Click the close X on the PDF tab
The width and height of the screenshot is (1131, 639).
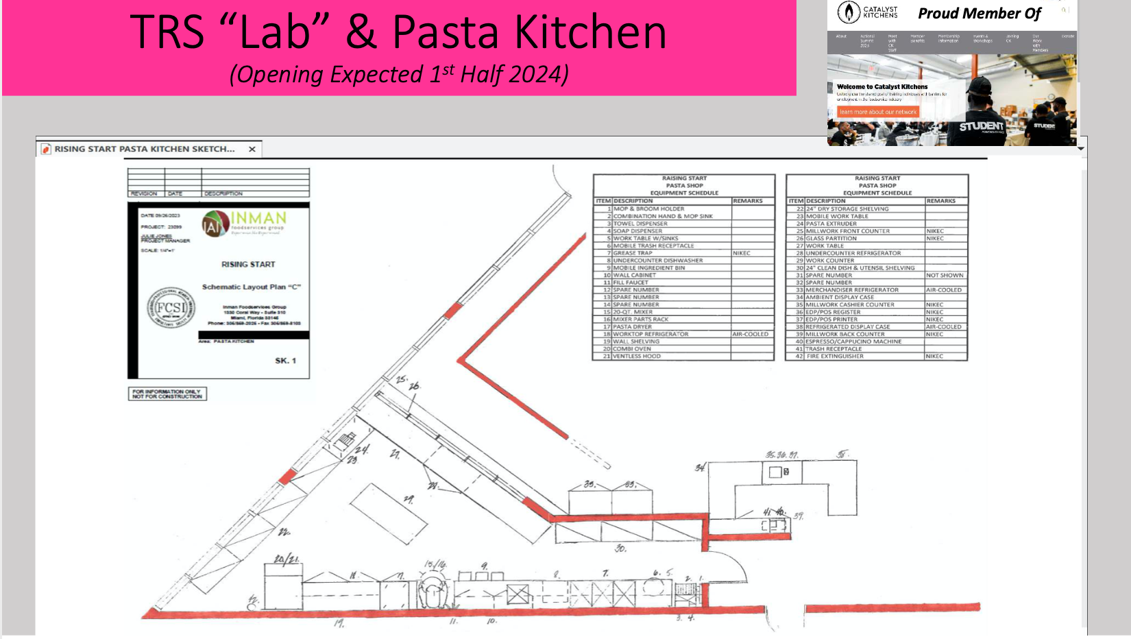point(252,149)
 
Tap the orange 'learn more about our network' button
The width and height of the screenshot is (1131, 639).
point(877,112)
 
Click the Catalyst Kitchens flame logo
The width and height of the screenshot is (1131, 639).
point(849,12)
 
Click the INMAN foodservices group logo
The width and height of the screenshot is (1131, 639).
point(245,223)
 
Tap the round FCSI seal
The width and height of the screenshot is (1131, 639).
point(171,308)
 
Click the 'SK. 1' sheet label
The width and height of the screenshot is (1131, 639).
point(285,361)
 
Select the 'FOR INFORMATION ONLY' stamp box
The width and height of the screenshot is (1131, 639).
point(167,394)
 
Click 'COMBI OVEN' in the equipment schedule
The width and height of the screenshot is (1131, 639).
point(632,349)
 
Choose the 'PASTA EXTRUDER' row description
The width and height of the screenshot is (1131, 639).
point(831,224)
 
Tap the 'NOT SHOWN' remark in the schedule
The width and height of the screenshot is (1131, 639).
point(945,276)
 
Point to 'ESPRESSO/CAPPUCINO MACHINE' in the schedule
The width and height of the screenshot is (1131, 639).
point(853,341)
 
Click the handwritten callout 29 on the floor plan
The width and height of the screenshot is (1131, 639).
point(409,499)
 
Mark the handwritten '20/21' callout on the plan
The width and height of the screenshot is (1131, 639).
point(287,559)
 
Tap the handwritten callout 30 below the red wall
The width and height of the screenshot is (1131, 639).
point(620,548)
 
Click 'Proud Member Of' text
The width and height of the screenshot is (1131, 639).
point(979,14)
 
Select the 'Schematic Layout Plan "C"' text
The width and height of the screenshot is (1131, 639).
point(251,287)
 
